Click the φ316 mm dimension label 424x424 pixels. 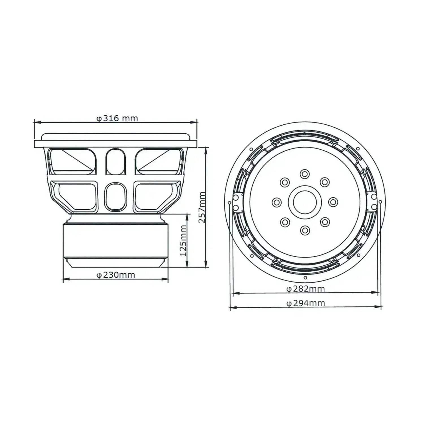click(117, 118)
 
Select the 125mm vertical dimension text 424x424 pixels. click(183, 240)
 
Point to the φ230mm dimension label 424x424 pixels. click(116, 275)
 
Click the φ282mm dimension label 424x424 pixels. click(305, 289)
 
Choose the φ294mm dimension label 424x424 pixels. click(305, 303)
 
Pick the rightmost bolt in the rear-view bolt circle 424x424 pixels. click(333, 202)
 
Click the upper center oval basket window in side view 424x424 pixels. click(115, 162)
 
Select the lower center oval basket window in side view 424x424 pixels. click(115, 197)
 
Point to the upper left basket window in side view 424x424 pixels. click(72, 161)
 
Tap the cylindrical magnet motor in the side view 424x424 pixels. click(115, 240)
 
